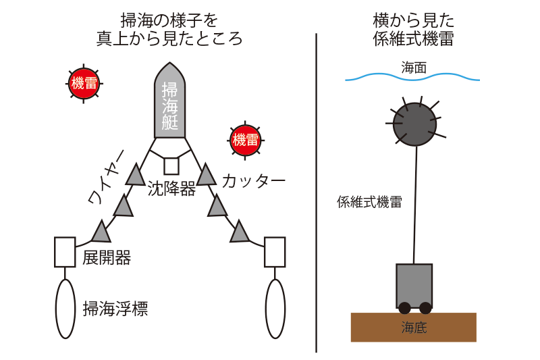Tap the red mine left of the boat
[x=84, y=83]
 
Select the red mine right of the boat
[x=245, y=140]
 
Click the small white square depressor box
[x=171, y=166]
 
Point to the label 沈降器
[x=171, y=188]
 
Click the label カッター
[x=254, y=181]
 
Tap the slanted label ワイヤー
[x=106, y=177]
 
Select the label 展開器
[x=107, y=258]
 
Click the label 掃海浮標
[x=115, y=309]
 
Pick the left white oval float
[x=65, y=309]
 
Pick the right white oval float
[x=275, y=309]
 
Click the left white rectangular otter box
[x=65, y=252]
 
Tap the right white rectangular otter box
[x=275, y=252]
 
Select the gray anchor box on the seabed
[x=414, y=286]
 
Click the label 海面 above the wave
[x=414, y=68]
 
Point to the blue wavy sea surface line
[x=412, y=77]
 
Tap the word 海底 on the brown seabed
[x=414, y=328]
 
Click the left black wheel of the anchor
[x=404, y=308]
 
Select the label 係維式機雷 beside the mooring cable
[x=369, y=202]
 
